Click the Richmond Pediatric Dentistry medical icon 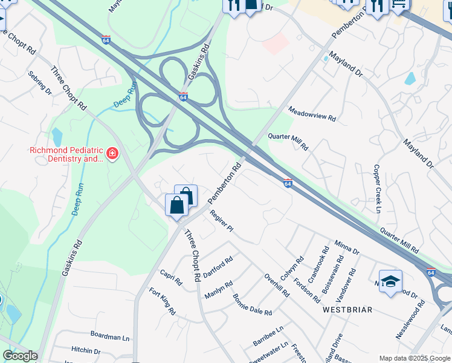point(112,154)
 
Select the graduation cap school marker point(390,281)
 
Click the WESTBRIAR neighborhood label point(347,309)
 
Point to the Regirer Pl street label point(221,220)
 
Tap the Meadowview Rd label point(312,114)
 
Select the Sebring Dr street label point(40,83)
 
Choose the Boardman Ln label point(111,335)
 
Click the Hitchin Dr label point(86,350)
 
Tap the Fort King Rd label point(163,302)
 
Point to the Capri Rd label point(171,277)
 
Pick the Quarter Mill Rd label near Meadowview point(288,143)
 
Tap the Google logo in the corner point(19,356)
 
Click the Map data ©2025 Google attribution point(415,358)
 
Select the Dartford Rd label point(218,266)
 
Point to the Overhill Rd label point(277,285)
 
